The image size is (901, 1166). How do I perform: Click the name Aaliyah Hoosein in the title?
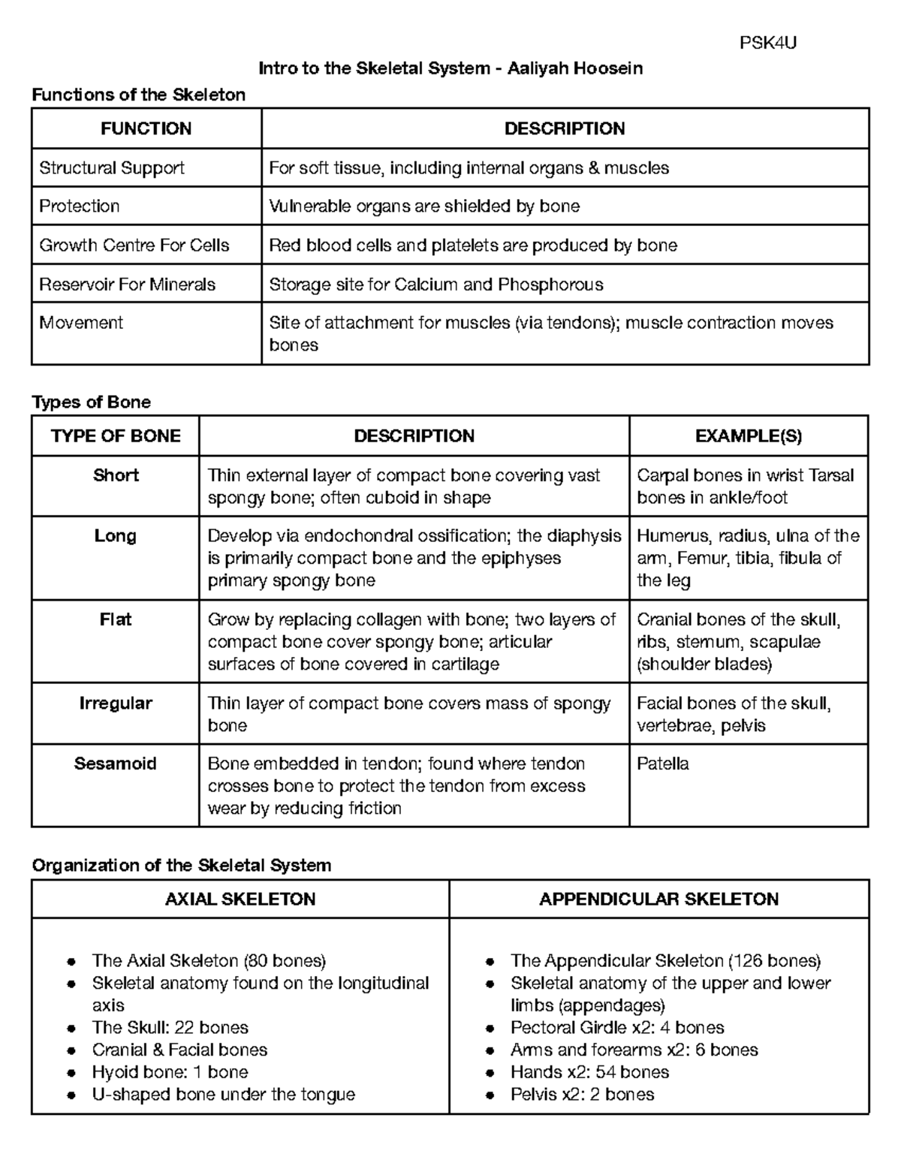coord(574,69)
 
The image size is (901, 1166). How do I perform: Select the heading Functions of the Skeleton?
coord(138,95)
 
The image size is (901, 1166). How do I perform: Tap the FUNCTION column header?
coord(146,129)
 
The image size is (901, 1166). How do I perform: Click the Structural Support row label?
coord(112,168)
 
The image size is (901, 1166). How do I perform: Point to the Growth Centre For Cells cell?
coord(134,246)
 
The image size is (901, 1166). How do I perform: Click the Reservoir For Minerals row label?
coord(128,285)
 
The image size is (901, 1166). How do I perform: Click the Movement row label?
coord(81,323)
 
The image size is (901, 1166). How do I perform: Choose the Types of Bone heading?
coord(91,402)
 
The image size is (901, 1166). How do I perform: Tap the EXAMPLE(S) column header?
coord(749,436)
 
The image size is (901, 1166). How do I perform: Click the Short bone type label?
coord(116,475)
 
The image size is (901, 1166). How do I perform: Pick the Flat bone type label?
coord(116,619)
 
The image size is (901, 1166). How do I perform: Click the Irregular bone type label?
coord(116,704)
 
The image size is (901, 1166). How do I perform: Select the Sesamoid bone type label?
coord(116,764)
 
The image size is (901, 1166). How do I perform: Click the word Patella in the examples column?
coord(663,764)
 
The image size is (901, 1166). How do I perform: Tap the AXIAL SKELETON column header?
coord(240,899)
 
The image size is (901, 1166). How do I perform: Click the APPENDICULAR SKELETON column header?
coord(659,899)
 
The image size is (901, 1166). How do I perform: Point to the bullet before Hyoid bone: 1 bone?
coord(71,1073)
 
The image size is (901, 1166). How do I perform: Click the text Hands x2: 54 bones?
coord(589,1072)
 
